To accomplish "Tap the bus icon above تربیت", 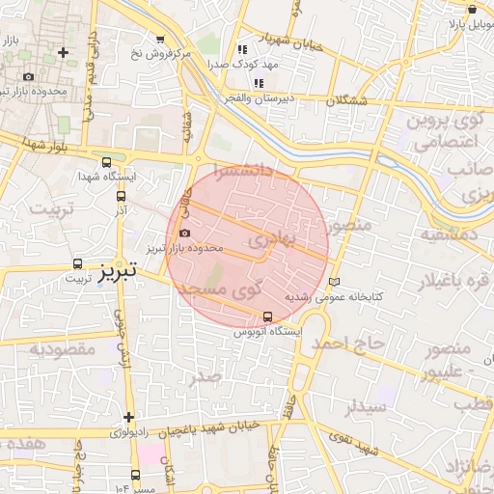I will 77,262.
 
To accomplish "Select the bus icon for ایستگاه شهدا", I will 105,163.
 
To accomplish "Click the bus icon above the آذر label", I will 120,193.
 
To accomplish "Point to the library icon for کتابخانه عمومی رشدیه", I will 335,282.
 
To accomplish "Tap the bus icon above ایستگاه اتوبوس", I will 267,316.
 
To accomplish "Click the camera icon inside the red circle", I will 184,233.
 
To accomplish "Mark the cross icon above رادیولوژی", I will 127,417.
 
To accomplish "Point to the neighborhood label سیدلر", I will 367,406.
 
